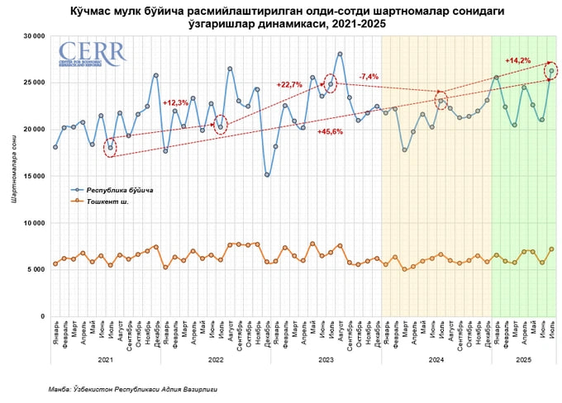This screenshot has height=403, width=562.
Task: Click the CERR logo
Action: [92, 51]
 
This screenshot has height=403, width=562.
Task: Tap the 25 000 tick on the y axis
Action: [33, 83]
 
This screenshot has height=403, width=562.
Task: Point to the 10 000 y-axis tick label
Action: [33, 223]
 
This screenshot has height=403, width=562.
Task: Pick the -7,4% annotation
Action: [369, 76]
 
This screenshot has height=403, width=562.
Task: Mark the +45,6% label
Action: [330, 132]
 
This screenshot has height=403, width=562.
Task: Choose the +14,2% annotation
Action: [517, 60]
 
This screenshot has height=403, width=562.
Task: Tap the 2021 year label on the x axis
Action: [105, 360]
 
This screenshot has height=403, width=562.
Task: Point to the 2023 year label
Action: [326, 360]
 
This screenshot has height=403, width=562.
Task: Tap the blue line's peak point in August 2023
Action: [340, 54]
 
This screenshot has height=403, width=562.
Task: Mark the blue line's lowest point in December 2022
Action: [267, 174]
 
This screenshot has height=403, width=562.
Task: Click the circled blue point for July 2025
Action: [551, 71]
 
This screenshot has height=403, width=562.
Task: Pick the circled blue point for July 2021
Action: [111, 148]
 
